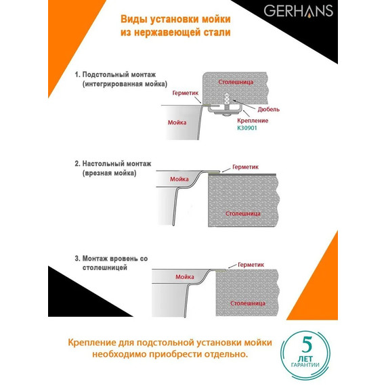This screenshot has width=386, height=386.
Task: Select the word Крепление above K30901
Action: (253, 120)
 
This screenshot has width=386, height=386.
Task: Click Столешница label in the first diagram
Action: (236, 81)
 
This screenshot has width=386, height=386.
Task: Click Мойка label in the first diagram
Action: (177, 123)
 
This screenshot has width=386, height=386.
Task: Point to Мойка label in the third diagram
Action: (185, 276)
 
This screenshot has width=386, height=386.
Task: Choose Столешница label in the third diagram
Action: (246, 303)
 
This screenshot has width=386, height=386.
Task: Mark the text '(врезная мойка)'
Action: (109, 173)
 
